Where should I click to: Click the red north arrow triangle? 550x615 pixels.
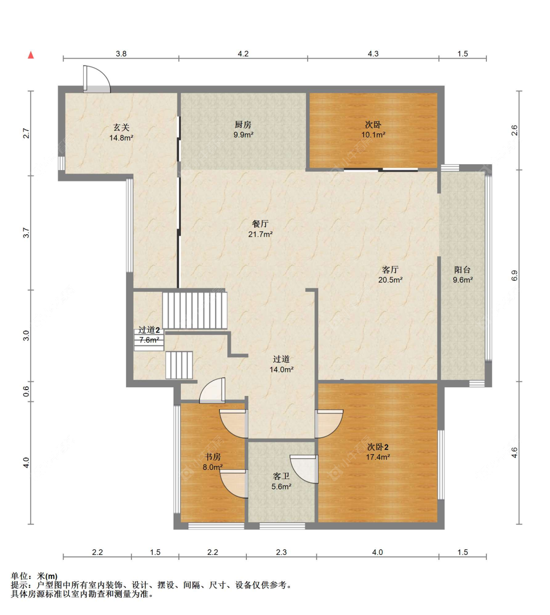point(31,55)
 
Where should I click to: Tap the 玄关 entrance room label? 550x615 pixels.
point(121,127)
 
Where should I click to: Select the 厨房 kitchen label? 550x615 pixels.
point(243,125)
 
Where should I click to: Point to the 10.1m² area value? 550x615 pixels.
point(373,135)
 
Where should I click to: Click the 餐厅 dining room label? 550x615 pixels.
point(260,224)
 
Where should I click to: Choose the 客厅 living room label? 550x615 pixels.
point(390,269)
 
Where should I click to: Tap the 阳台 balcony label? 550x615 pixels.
point(462,269)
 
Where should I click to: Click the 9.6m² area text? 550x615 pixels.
point(462,280)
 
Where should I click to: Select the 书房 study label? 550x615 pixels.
point(213,457)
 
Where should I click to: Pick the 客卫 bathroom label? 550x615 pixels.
point(281,476)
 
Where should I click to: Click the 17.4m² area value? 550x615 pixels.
point(377,457)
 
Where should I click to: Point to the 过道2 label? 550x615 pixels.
point(149,330)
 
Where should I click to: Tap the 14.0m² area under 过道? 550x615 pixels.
point(282,370)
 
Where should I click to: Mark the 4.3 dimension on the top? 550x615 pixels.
point(373,54)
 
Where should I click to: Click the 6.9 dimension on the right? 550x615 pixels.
point(514,276)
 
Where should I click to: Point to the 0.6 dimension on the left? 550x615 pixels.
point(26,391)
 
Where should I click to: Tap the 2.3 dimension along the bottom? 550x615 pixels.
point(281,552)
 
